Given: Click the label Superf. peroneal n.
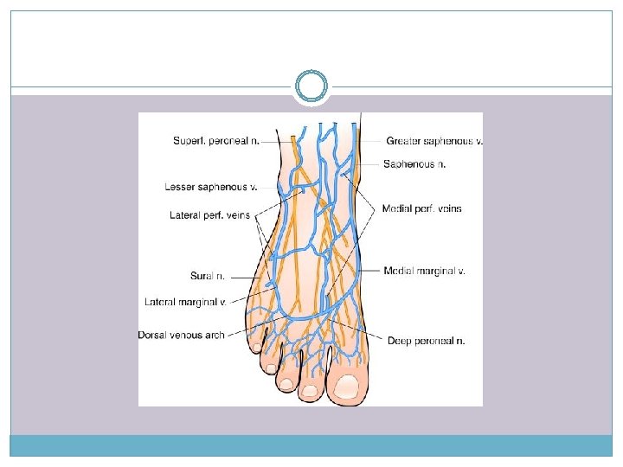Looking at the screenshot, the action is [x=216, y=141].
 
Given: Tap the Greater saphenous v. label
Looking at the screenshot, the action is [x=434, y=141].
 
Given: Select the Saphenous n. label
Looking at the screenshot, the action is [x=414, y=163].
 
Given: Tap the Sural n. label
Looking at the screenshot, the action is [x=208, y=276].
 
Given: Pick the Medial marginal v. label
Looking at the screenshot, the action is [x=425, y=271].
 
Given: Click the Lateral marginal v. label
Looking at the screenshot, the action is [x=185, y=302].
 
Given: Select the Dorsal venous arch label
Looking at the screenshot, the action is [x=181, y=335].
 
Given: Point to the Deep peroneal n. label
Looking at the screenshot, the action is [x=427, y=341].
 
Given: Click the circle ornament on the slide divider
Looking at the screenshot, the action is [x=311, y=86].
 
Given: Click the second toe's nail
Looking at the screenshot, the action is [x=310, y=388].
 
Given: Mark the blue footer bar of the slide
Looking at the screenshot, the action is [x=311, y=445].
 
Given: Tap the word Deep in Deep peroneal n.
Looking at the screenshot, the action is [x=399, y=341].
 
